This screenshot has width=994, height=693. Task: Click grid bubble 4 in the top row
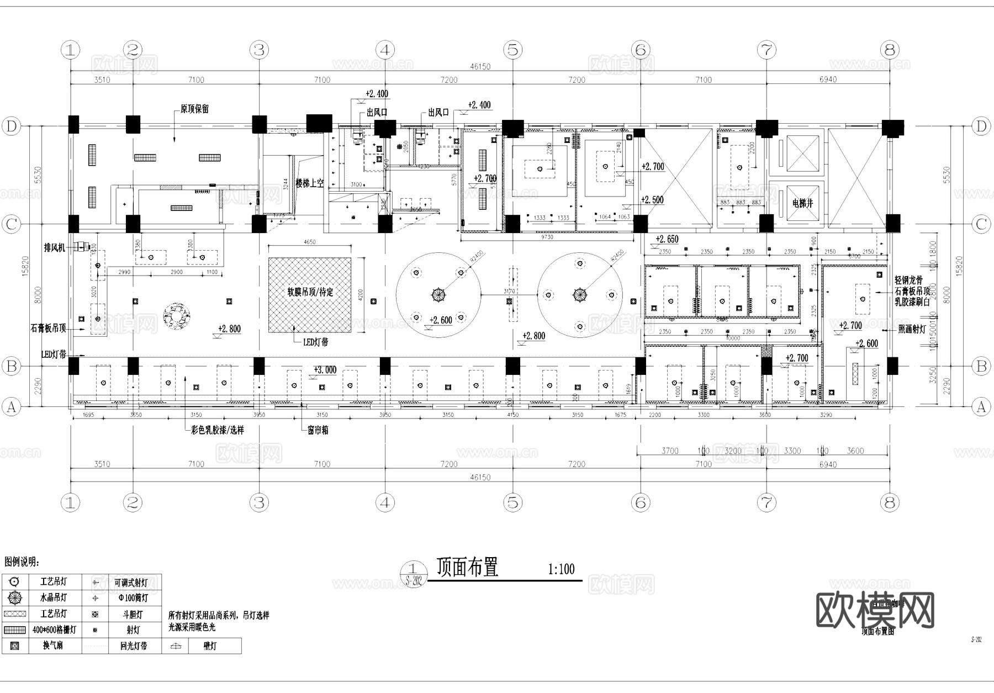385,50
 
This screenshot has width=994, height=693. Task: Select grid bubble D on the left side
11,126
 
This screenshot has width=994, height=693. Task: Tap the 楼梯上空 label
309,183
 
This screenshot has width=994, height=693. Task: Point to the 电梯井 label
802,203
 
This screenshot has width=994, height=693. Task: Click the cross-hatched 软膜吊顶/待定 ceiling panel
310,295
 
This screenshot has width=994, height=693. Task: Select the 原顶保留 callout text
194,109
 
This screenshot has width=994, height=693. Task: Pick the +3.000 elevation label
325,369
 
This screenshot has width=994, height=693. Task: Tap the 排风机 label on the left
54,247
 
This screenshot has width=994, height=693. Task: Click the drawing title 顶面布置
467,567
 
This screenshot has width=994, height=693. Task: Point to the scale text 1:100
561,569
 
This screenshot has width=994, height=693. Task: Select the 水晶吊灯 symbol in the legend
15,597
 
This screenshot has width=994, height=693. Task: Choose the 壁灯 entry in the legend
210,646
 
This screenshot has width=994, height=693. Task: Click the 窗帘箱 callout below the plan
318,430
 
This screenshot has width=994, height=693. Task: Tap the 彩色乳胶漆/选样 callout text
217,430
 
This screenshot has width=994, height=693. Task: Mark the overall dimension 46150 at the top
480,66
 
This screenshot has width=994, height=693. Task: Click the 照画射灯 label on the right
911,329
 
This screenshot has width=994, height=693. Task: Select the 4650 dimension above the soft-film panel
310,242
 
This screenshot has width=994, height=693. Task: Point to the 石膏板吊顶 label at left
48,328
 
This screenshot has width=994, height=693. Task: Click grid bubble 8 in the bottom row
889,502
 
